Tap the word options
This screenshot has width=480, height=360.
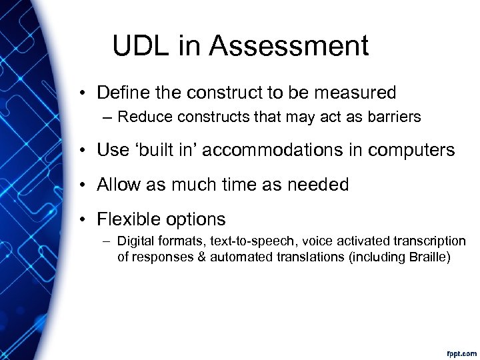coord(197,219)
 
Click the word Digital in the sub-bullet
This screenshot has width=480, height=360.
coord(133,241)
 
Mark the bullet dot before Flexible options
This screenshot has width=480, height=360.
coord(85,219)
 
